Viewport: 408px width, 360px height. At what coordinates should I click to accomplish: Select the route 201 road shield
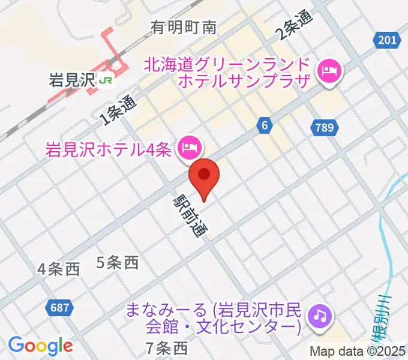(388, 40)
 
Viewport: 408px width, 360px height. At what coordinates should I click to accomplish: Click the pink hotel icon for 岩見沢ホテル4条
(190, 146)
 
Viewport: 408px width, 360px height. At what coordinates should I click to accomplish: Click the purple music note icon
(320, 315)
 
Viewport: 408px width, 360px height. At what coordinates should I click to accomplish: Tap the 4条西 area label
(58, 269)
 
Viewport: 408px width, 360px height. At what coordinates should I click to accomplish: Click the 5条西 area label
(118, 262)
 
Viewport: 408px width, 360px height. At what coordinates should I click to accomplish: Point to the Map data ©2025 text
(358, 352)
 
